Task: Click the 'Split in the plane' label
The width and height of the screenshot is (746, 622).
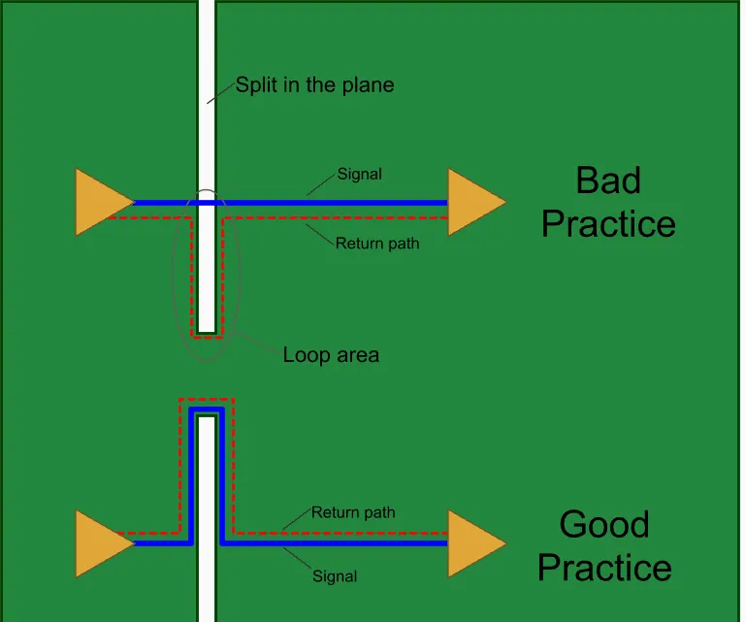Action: [x=314, y=85]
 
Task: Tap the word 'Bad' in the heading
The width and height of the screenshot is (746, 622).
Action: [x=608, y=180]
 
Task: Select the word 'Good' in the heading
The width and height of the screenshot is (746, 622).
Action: [x=604, y=525]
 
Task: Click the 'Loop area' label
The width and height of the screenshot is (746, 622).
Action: [x=331, y=355]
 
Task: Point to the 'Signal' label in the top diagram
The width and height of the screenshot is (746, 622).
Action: [x=359, y=175]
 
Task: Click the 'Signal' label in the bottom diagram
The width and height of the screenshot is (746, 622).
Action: [x=335, y=576]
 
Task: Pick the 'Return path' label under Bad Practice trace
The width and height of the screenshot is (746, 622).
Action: [x=377, y=244]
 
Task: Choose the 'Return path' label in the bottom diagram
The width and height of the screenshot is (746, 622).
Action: [x=353, y=512]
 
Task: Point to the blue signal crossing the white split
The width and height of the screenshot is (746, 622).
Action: [x=206, y=203]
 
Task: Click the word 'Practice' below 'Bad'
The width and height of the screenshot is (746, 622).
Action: [x=608, y=224]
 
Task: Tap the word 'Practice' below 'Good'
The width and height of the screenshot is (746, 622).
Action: [x=604, y=568]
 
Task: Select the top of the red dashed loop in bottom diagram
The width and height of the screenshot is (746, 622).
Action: [x=206, y=399]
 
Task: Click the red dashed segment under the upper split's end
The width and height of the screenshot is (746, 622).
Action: [x=206, y=337]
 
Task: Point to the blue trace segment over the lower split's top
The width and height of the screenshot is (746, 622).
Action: [x=206, y=410]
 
